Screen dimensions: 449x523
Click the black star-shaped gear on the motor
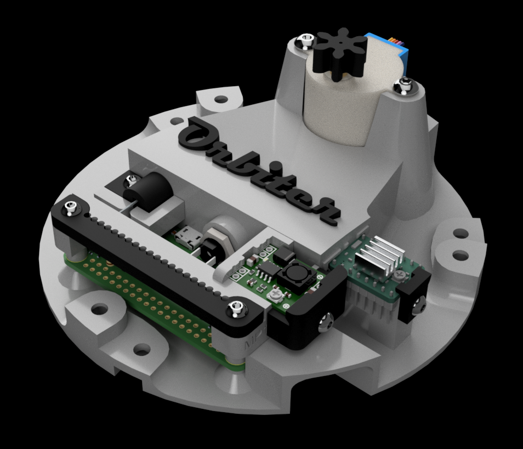pyautogui.click(x=334, y=53)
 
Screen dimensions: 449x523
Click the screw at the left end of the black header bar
pyautogui.click(x=70, y=207)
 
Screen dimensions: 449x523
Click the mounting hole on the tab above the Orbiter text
pyautogui.click(x=220, y=100)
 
